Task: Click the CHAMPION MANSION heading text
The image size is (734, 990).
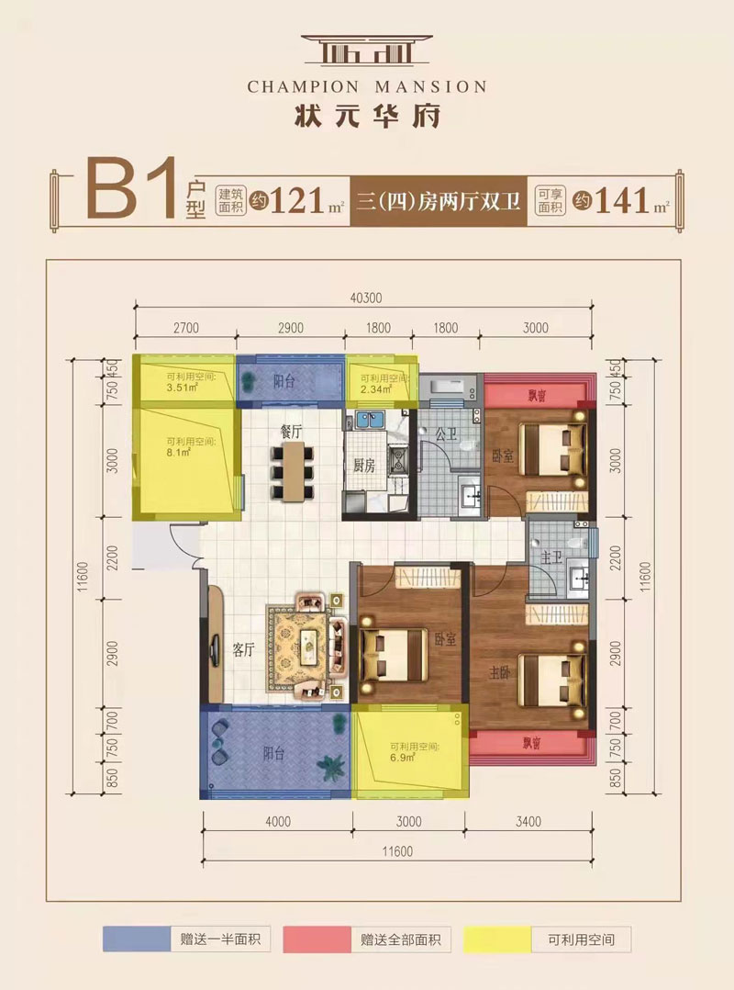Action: tap(367, 86)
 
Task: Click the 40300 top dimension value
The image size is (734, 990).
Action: tap(366, 298)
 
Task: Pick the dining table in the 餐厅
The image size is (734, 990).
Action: tap(293, 473)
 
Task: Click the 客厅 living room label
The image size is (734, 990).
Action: tap(242, 650)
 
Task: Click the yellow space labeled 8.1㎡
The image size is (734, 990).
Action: tap(187, 464)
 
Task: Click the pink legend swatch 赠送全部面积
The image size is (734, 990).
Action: tap(316, 940)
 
